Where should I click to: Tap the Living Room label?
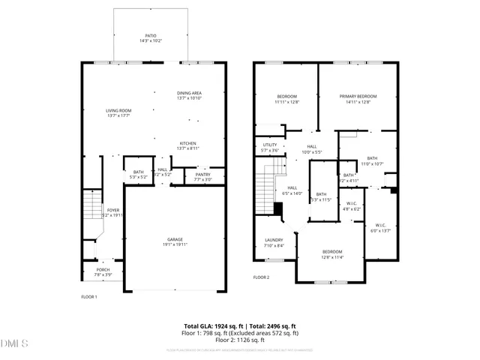tap(118, 111)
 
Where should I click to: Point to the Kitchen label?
tap(187, 143)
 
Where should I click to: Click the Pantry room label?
tap(202, 175)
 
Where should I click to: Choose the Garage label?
tap(174, 239)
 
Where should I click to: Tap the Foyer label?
tap(112, 210)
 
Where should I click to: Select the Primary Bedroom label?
tap(358, 96)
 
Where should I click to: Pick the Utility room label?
tap(270, 145)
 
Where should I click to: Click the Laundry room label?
tap(274, 240)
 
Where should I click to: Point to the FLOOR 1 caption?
tap(89, 297)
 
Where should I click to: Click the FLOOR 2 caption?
tap(261, 277)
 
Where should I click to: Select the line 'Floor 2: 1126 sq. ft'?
tap(241, 340)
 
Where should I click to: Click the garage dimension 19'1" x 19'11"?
tap(174, 244)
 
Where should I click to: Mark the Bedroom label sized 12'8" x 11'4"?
tap(332, 252)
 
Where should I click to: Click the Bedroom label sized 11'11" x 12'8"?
tap(287, 96)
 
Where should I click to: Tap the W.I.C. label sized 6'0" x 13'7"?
tap(380, 226)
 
